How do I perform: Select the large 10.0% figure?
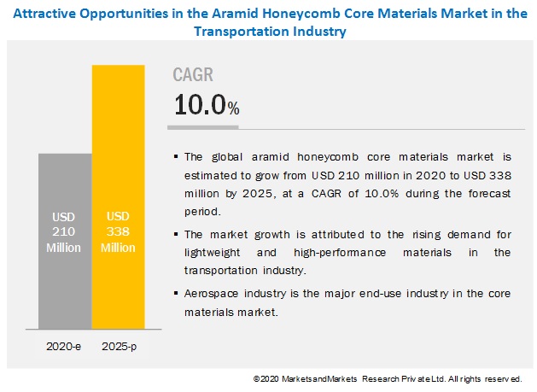tap(206, 105)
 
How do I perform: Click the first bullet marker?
tap(176, 156)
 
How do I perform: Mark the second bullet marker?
tap(176, 234)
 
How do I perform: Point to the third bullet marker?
tap(176, 292)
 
